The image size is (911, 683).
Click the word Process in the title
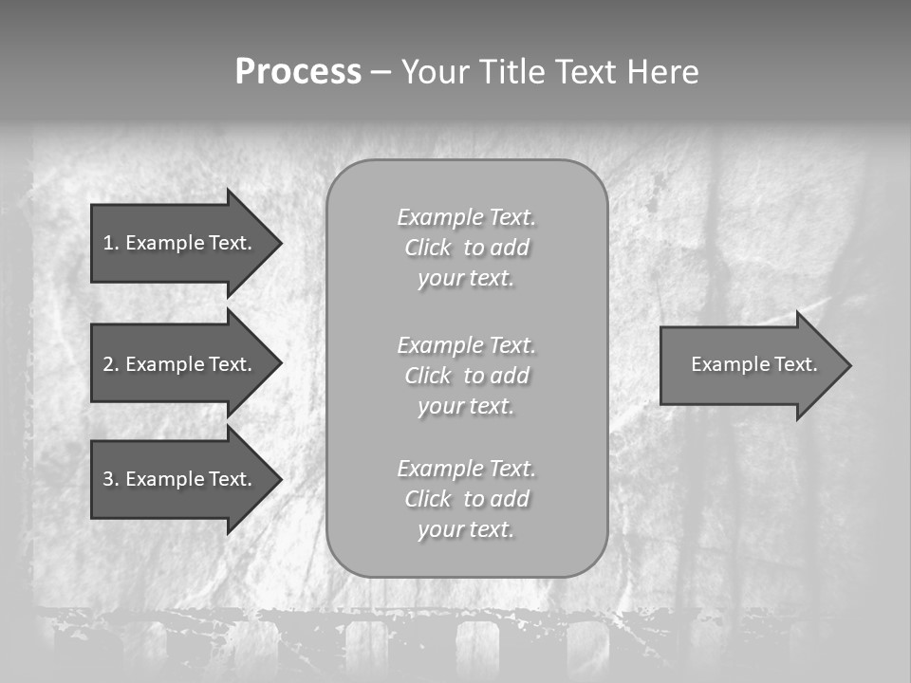pos(298,72)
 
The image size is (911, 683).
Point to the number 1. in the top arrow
pos(110,243)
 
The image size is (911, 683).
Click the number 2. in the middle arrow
pos(110,364)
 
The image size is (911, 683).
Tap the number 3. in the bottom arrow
pos(110,479)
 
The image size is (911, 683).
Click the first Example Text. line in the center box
pos(466,217)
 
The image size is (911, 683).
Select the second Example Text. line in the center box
pos(466,344)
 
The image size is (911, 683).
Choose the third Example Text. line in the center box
pos(466,469)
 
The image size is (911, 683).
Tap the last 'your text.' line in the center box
pos(466,529)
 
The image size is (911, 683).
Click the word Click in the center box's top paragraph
pos(428,248)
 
